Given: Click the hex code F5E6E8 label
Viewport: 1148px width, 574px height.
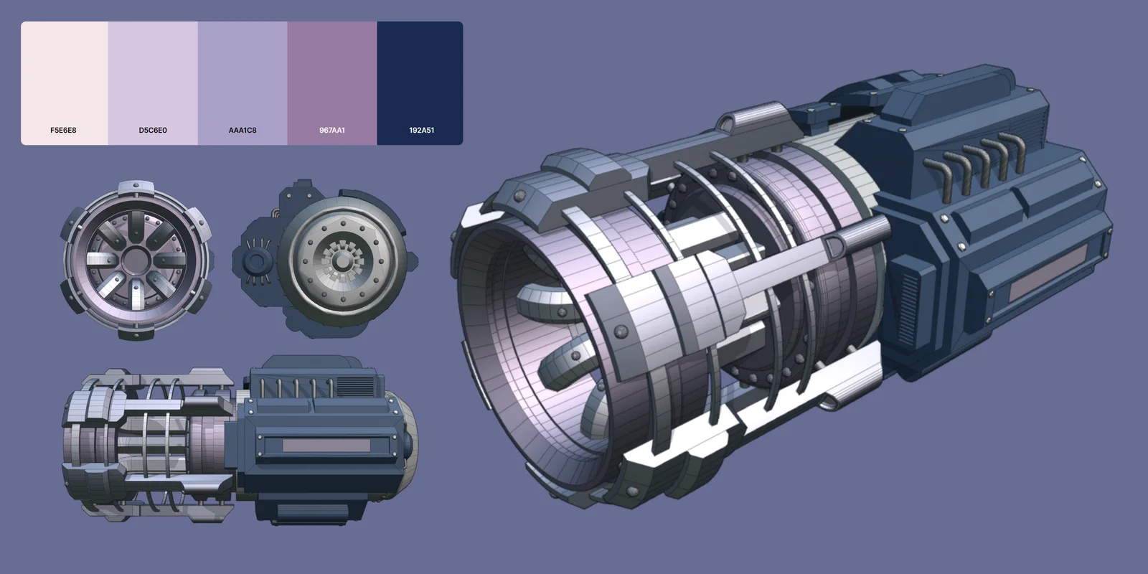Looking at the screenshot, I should [x=63, y=131].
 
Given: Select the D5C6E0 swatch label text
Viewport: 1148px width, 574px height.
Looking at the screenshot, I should [x=153, y=131].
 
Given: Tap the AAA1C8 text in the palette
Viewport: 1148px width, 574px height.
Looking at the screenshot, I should [x=243, y=131].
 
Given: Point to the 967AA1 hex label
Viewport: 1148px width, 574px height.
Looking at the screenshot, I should [x=332, y=131].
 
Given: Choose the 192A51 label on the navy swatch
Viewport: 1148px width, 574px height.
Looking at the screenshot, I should [x=421, y=131].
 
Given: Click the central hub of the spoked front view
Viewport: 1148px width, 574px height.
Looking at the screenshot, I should [x=135, y=260].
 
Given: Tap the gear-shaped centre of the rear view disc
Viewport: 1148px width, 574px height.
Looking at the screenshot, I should [x=342, y=263].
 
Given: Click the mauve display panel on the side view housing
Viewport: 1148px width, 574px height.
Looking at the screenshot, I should [x=326, y=446].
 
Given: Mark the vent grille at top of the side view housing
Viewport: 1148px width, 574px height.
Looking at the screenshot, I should [x=355, y=385].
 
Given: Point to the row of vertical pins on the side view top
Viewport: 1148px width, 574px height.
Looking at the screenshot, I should [x=294, y=387].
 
